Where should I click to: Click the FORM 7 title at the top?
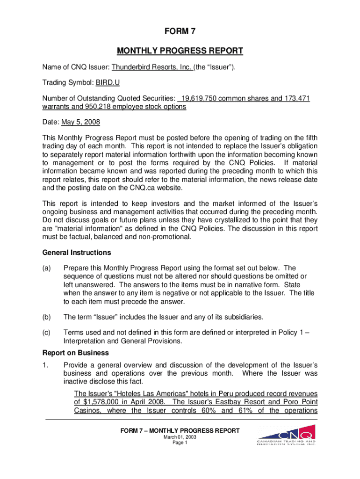(180, 31)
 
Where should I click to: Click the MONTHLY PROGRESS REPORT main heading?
(180, 51)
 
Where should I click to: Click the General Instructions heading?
(76, 253)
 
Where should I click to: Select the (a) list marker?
(47, 268)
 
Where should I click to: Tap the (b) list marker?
(47, 317)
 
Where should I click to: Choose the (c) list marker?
(47, 333)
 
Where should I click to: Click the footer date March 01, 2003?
(180, 437)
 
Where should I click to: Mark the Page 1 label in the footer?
(180, 443)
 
